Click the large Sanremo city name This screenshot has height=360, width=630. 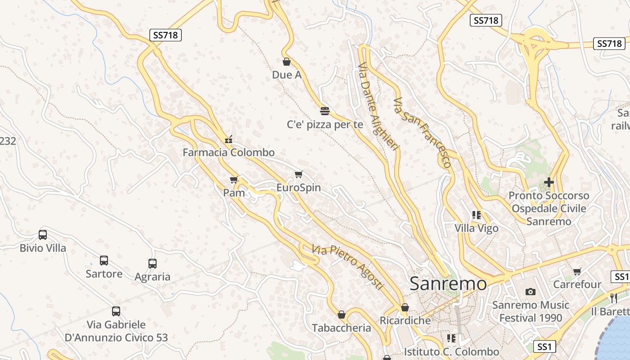point(448,284)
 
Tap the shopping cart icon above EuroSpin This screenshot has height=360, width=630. point(298,175)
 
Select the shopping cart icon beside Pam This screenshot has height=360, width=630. point(234,180)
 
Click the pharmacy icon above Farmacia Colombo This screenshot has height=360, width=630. point(229,139)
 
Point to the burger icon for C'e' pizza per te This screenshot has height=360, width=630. point(325,111)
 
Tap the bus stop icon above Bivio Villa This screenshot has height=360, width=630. point(43,235)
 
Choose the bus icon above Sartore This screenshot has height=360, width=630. point(104,261)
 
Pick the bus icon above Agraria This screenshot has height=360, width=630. point(153,264)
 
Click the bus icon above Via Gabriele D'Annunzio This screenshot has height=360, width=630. point(116,311)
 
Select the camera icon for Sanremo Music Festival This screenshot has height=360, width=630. point(531,292)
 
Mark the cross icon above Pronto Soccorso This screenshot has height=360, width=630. point(549,182)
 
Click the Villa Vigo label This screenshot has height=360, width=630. point(477,228)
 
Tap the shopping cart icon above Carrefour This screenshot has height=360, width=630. point(577,271)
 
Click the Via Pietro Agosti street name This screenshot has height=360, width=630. point(348,267)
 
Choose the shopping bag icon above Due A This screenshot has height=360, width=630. point(287,62)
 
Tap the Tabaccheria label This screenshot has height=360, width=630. point(342,328)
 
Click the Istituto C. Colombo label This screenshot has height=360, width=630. point(451,351)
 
